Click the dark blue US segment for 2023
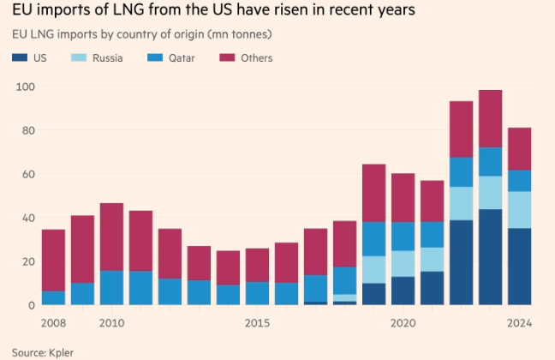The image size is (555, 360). point(490,257)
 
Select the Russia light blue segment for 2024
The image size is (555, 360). point(519,209)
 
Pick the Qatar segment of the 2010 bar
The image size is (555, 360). point(111,287)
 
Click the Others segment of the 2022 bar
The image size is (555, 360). point(461,129)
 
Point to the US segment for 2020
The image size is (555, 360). point(403,291)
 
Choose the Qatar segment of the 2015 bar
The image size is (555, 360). point(257,293)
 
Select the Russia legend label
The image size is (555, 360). point(108,58)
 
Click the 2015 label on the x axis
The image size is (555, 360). point(257,324)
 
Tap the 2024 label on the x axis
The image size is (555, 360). point(519,324)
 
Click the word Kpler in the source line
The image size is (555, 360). point(63,352)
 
